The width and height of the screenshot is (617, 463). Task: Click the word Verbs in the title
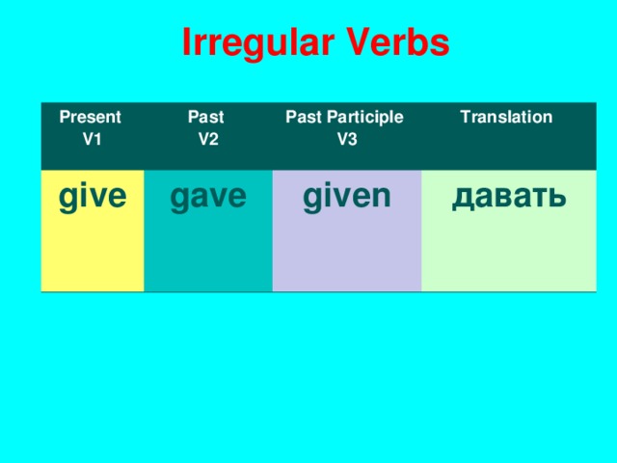point(396,43)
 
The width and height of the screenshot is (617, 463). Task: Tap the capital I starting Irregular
point(186,43)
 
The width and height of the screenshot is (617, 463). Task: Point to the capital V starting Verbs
point(356,43)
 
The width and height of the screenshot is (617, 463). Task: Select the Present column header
point(91,119)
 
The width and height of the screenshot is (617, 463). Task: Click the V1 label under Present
point(93,138)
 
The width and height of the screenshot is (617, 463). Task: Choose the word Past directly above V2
point(205,118)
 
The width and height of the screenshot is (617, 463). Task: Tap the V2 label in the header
point(207,138)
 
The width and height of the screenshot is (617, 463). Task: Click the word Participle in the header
point(365,118)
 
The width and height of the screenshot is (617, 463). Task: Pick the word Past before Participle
point(304,118)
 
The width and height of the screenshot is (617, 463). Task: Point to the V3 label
point(347,138)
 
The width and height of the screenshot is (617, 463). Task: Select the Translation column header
point(506,118)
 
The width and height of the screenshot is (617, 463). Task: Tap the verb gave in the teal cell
point(207,197)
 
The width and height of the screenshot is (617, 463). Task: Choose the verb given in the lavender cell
point(347,197)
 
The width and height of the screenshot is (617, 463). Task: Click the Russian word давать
point(508,197)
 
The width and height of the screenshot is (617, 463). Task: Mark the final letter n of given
point(381,197)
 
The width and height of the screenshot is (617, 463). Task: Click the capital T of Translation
point(466,118)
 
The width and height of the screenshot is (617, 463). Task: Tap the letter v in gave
point(218,197)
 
